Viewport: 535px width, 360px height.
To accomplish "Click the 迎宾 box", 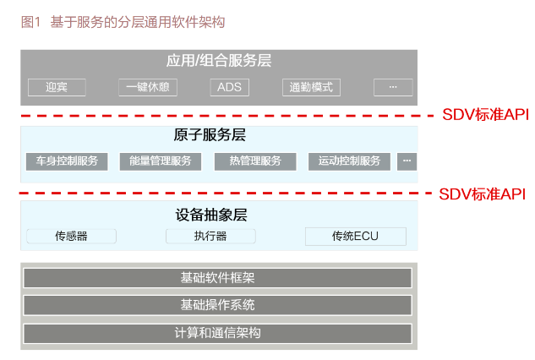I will [x=57, y=87].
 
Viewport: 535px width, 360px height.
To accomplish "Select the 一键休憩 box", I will [x=148, y=87].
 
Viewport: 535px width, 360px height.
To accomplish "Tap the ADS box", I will [x=230, y=87].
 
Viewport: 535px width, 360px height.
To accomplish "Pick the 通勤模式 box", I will [x=311, y=87].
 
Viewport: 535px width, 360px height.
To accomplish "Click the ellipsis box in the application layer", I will [x=392, y=87].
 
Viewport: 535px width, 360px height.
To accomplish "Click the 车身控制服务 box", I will [x=67, y=161].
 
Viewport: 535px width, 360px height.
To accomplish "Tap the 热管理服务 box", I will [x=255, y=161].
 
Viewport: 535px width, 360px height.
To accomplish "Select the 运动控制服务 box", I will [x=349, y=161].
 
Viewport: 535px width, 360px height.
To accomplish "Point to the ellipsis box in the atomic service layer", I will [x=407, y=161].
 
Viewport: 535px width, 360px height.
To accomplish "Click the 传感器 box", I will [x=71, y=237].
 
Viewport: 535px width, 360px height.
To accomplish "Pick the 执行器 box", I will [x=210, y=237].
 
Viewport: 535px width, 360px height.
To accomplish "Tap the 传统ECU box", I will [x=356, y=237].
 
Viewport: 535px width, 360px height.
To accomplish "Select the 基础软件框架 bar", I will [x=218, y=278].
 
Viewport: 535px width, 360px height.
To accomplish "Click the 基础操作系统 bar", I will [x=218, y=305].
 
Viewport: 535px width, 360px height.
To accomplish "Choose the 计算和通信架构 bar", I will [x=218, y=333].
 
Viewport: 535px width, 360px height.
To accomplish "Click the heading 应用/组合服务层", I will [x=219, y=61].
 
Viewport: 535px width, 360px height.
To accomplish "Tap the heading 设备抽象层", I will [x=217, y=215].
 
